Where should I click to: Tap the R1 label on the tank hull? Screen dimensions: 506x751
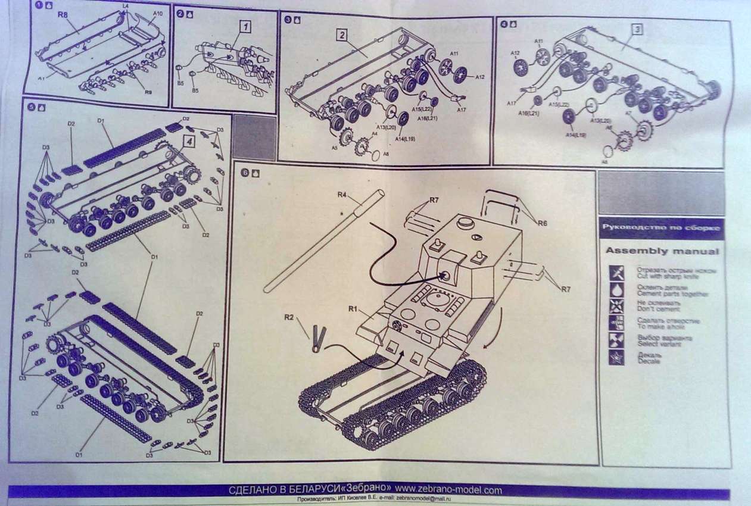click(353, 308)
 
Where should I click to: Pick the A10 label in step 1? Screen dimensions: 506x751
click(158, 13)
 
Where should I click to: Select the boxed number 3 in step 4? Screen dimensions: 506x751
click(637, 29)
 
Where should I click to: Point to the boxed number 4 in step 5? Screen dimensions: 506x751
click(188, 142)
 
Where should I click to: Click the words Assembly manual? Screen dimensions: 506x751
click(662, 251)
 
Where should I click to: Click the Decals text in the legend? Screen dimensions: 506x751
click(649, 360)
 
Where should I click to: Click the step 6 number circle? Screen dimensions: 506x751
click(245, 173)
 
